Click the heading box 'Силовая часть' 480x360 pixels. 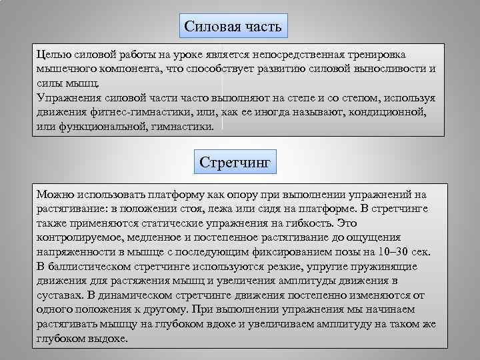tap(233, 27)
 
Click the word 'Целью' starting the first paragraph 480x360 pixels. tap(52, 54)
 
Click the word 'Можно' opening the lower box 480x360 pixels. tap(56, 194)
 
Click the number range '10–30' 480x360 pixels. tap(391, 252)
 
